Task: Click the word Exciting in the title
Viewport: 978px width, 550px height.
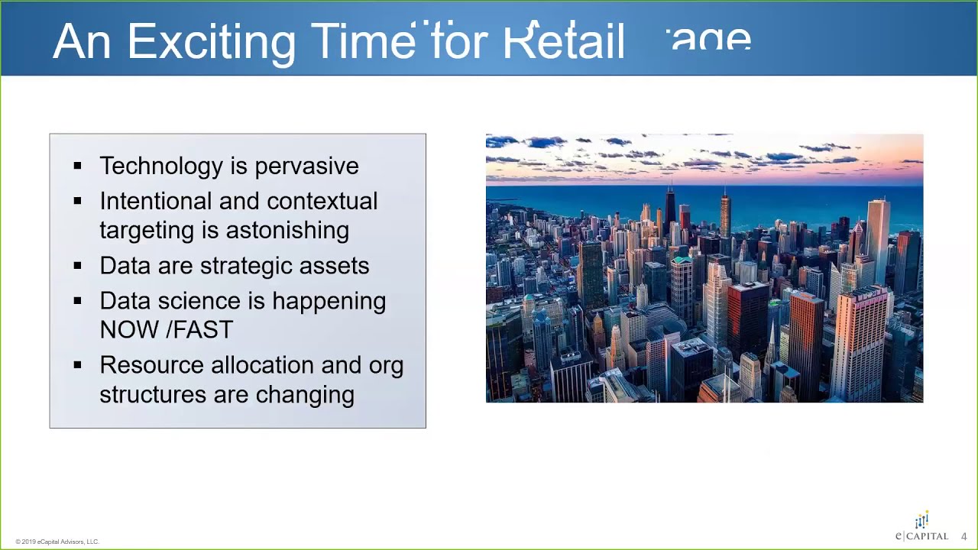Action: coord(211,42)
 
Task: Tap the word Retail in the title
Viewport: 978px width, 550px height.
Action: coord(564,42)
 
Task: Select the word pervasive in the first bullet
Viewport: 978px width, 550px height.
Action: coord(306,167)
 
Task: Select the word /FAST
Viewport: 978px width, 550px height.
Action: coord(199,330)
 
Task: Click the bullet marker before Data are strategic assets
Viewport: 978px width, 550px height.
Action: coord(77,266)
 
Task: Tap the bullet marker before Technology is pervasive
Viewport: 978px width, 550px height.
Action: coord(77,166)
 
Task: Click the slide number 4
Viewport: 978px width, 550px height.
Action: coord(963,536)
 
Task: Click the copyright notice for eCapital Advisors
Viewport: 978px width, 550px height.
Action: coord(57,542)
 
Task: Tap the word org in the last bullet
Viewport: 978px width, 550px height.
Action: coord(386,366)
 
